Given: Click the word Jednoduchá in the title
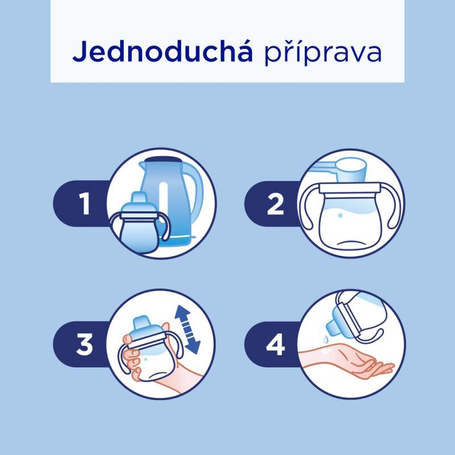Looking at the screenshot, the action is coord(163,51).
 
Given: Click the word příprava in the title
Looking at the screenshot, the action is coord(322,52).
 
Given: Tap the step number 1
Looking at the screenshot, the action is coord(84,204).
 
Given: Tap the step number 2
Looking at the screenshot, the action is coord(275,204).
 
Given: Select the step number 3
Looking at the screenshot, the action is coord(84,345).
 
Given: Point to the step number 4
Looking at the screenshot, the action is coord(275,345).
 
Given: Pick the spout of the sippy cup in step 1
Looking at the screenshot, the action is coord(139,198).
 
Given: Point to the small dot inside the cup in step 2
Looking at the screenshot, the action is coord(340,216).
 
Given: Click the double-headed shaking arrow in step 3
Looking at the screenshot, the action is coord(187,330).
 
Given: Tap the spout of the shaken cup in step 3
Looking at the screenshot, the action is coord(141,322).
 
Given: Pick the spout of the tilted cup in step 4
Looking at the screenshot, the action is coord(332,328).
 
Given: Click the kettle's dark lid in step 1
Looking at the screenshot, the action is coord(164,159).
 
